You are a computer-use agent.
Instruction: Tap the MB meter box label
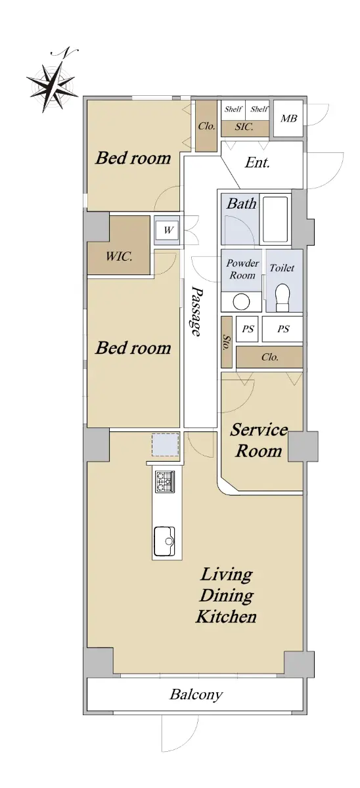pyautogui.click(x=288, y=119)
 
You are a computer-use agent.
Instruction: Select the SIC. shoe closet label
pyautogui.click(x=244, y=127)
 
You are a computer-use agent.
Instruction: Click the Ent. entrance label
pyautogui.click(x=258, y=163)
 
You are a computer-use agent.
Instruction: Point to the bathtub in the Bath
pyautogui.click(x=275, y=219)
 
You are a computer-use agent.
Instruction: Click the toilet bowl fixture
pyautogui.click(x=282, y=297)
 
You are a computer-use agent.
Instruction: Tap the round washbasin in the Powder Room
pyautogui.click(x=242, y=302)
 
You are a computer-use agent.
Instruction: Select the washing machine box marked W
pyautogui.click(x=168, y=230)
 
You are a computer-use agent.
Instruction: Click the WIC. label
pyautogui.click(x=119, y=256)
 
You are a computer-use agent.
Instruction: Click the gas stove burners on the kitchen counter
pyautogui.click(x=165, y=481)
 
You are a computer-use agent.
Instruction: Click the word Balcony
pyautogui.click(x=196, y=695)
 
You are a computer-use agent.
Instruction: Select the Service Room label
pyautogui.click(x=259, y=440)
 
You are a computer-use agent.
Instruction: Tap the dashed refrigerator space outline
pyautogui.click(x=166, y=445)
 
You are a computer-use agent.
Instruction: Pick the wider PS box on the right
pyautogui.click(x=282, y=329)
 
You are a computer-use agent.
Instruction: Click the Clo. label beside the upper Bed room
pyautogui.click(x=206, y=126)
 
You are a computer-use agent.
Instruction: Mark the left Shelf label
pyautogui.click(x=233, y=109)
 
